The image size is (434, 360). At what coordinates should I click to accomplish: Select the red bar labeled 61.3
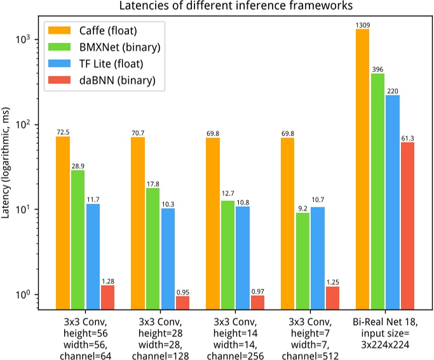(407, 226)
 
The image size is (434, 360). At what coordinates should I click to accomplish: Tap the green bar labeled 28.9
(78, 240)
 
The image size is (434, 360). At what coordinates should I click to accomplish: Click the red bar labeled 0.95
(182, 303)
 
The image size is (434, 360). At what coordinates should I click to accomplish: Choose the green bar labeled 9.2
(303, 261)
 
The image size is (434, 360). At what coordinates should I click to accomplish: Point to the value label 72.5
(63, 132)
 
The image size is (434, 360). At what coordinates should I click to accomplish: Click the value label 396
(377, 69)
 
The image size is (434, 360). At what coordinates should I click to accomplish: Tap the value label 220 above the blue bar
(393, 90)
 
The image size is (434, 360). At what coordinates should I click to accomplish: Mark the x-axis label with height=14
(235, 328)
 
